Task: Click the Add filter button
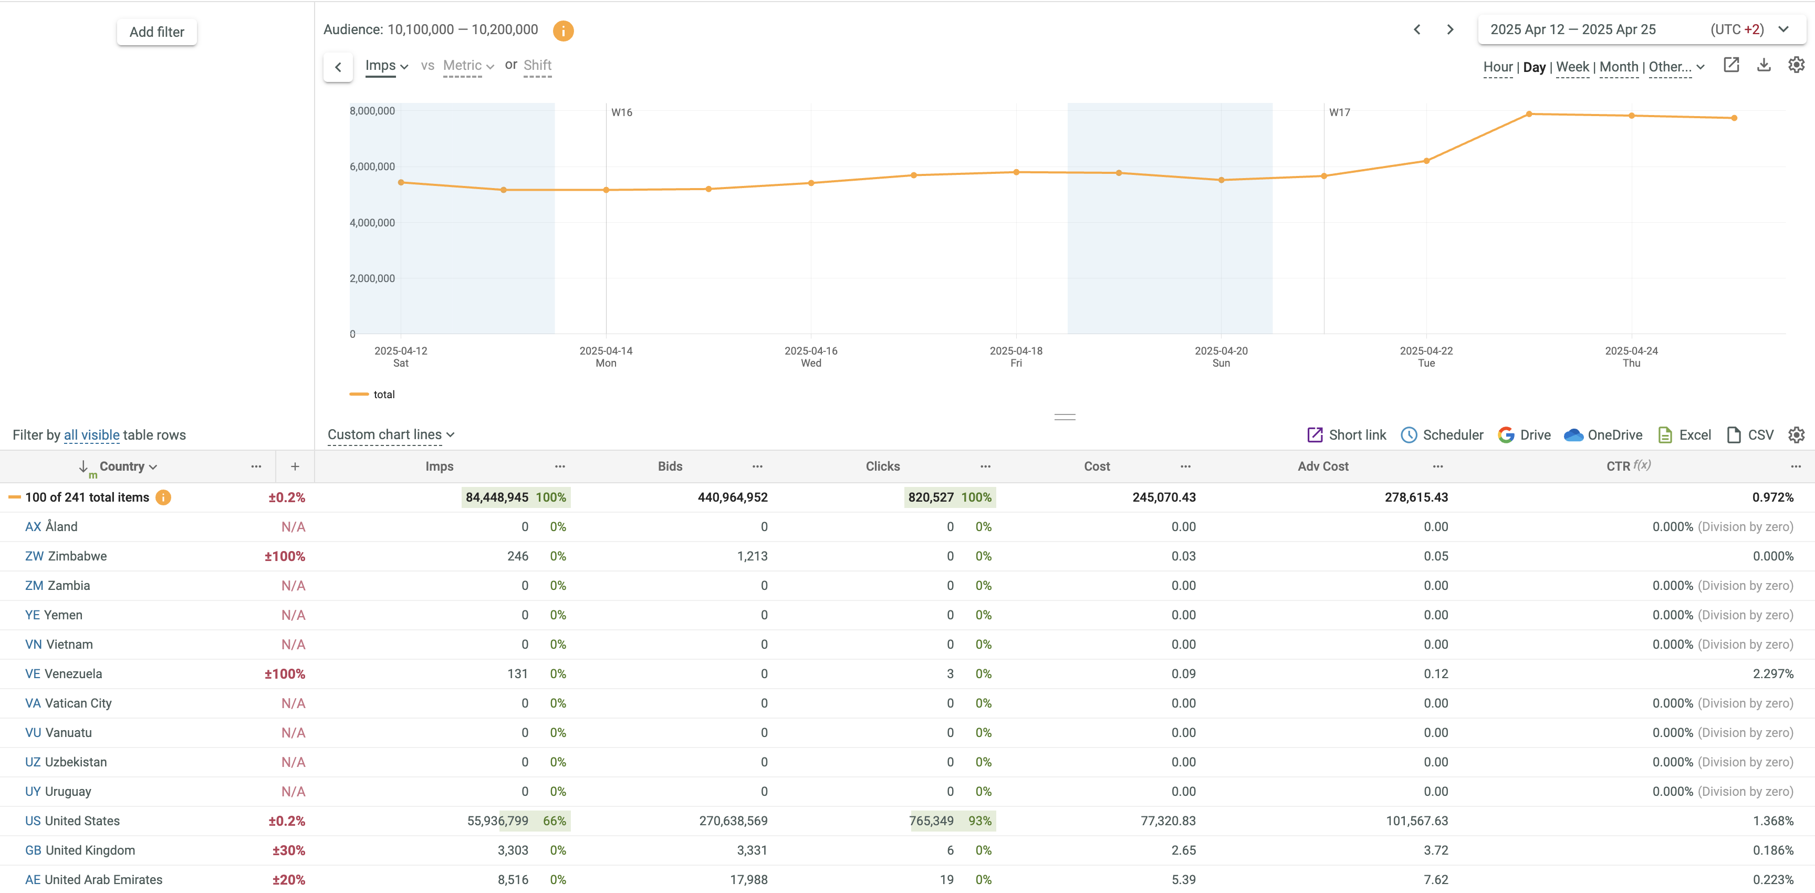pyautogui.click(x=157, y=32)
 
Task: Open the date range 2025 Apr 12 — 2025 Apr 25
pyautogui.click(x=1572, y=29)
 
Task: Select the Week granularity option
pyautogui.click(x=1572, y=67)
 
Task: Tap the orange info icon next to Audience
pyautogui.click(x=563, y=30)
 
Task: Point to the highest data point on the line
pyautogui.click(x=1529, y=113)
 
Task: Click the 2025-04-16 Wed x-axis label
pyautogui.click(x=810, y=357)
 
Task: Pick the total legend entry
pyautogui.click(x=383, y=394)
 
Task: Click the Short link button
pyautogui.click(x=1347, y=435)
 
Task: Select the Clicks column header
pyautogui.click(x=882, y=466)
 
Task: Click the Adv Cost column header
pyautogui.click(x=1322, y=466)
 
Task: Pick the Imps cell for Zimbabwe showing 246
pyautogui.click(x=517, y=556)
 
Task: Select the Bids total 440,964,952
pyautogui.click(x=732, y=497)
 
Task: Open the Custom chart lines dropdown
pyautogui.click(x=390, y=435)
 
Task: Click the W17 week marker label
pyautogui.click(x=1339, y=112)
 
